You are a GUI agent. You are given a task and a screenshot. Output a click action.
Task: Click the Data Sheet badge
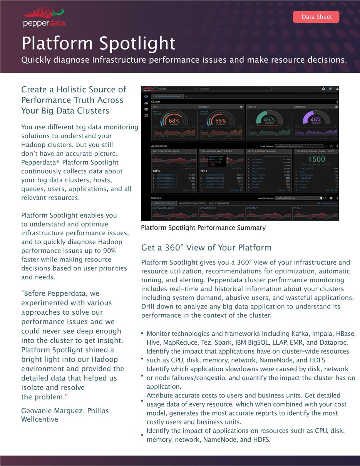point(316,17)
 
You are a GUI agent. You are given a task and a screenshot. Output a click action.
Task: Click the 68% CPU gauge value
point(174,121)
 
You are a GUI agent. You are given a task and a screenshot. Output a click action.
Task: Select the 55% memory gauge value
point(221,121)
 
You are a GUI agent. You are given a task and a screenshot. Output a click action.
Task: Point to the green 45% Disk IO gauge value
point(269,120)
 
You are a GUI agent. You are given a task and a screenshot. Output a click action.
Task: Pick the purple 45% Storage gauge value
point(316,120)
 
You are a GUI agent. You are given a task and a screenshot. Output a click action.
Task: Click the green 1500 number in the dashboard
point(316,159)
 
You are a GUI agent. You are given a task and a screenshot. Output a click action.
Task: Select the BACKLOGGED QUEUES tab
point(191,203)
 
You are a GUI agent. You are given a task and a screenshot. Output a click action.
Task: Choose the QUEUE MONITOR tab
point(219,203)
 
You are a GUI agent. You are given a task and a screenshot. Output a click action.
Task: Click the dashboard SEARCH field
point(235,89)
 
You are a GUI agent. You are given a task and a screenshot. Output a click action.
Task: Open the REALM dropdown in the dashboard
point(177,89)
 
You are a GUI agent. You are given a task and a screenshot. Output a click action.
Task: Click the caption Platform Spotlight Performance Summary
point(203,228)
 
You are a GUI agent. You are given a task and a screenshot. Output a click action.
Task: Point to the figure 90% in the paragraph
point(109,251)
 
